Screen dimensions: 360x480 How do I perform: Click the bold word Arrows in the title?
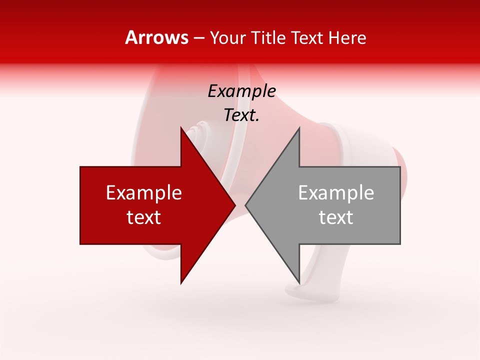click(x=156, y=37)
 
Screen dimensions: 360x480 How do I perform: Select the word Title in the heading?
click(x=269, y=38)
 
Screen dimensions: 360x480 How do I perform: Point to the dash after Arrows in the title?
click(x=199, y=38)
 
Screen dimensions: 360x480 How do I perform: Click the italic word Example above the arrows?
click(x=241, y=91)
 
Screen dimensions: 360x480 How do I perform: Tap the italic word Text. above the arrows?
click(x=241, y=115)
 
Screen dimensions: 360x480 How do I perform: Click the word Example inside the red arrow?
click(x=144, y=193)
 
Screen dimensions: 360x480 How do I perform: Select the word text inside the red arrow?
click(x=144, y=217)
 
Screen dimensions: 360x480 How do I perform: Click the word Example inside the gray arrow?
click(x=336, y=193)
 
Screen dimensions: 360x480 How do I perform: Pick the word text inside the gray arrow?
click(x=336, y=217)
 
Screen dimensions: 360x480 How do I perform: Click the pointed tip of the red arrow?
click(x=234, y=205)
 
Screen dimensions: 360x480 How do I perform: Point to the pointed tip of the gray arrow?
click(x=246, y=205)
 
